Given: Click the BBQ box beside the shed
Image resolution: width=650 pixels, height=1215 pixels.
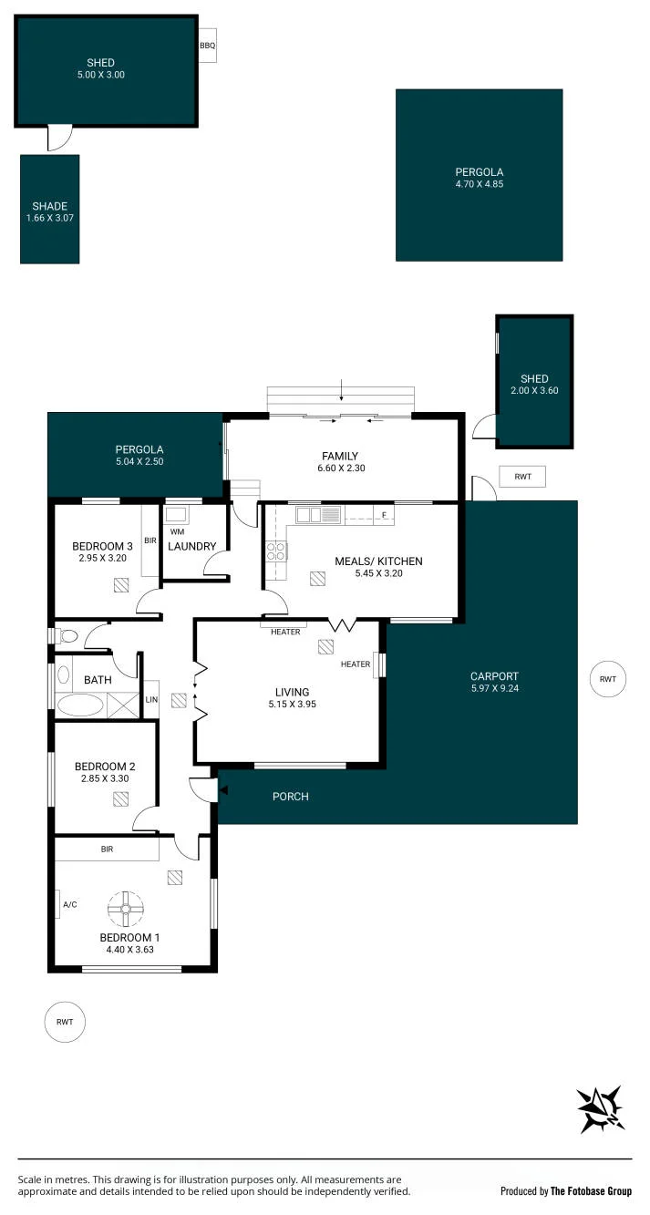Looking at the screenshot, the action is click(x=207, y=46).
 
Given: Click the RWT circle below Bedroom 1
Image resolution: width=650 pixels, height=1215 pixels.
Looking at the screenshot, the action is click(x=65, y=1022).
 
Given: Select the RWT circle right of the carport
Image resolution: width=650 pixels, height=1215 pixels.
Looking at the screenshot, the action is click(x=608, y=678).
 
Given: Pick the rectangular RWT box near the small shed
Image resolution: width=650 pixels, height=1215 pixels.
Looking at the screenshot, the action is click(x=522, y=476).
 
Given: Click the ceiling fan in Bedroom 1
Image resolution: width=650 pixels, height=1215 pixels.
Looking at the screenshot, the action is click(x=126, y=909).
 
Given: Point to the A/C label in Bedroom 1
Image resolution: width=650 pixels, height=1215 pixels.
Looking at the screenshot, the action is click(x=70, y=904).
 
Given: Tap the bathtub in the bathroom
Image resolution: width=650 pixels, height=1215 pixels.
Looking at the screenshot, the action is click(x=79, y=705).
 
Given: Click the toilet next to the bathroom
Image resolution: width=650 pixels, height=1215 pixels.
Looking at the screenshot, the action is click(x=64, y=635).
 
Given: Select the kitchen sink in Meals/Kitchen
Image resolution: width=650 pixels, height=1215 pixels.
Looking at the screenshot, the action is click(x=318, y=514).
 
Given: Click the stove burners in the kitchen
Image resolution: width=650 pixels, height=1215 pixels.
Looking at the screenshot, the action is click(x=275, y=551).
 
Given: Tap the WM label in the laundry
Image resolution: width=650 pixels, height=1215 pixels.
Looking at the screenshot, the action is click(x=177, y=531).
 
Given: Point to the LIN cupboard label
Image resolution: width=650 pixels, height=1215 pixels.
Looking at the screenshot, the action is click(x=151, y=699).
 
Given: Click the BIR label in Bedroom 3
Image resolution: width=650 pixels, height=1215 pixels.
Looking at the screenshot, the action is click(x=150, y=541).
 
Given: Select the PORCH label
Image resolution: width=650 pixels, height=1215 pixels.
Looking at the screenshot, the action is click(x=290, y=797).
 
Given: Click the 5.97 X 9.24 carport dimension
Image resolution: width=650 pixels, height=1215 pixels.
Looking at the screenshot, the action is click(x=495, y=688).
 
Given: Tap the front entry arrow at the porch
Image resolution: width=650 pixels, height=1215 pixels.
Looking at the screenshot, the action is click(x=222, y=790).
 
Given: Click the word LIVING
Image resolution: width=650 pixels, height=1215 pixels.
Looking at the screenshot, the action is click(x=292, y=692).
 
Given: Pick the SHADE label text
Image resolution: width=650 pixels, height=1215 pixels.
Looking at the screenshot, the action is click(x=50, y=206).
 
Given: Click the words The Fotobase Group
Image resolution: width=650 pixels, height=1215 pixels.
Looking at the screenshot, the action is click(x=591, y=1191).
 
